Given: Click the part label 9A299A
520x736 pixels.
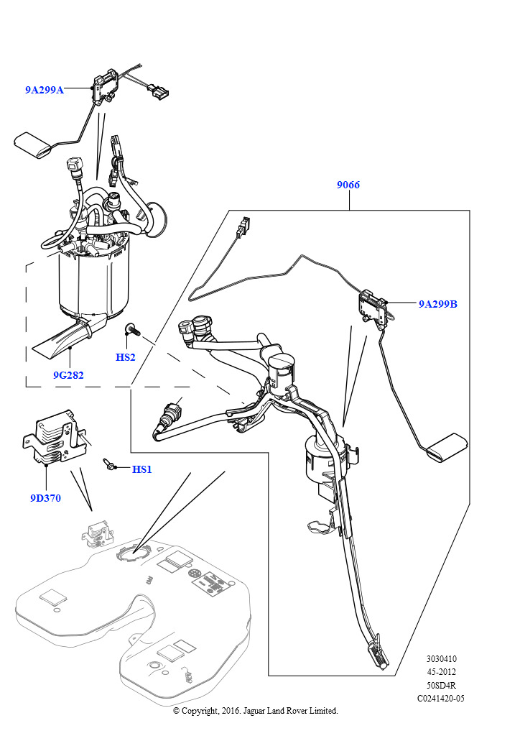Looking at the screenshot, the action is (x=44, y=90).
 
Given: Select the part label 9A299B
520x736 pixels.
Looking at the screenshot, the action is (x=437, y=304).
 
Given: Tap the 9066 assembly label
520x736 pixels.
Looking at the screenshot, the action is (x=348, y=185).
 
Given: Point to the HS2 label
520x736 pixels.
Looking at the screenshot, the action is (x=125, y=357).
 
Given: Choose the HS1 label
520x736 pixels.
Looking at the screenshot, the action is (x=141, y=469).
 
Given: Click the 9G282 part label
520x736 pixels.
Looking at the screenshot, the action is (x=68, y=375).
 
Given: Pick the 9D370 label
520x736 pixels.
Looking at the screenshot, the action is (x=45, y=498).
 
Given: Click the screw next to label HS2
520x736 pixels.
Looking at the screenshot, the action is (x=131, y=329).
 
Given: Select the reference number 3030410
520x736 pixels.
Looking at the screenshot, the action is (x=441, y=659).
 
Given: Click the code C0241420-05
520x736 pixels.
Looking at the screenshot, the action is (x=441, y=699).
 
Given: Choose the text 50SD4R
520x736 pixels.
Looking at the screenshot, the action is (x=441, y=685).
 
